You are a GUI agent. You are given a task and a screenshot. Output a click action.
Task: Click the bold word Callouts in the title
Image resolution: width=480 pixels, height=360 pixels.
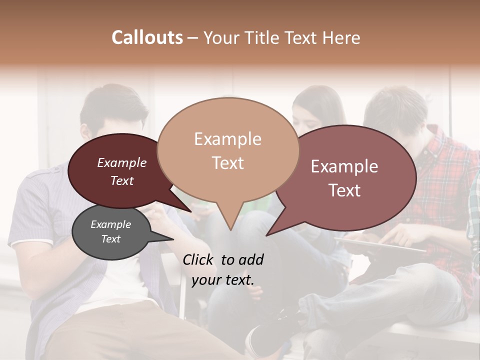[147, 37]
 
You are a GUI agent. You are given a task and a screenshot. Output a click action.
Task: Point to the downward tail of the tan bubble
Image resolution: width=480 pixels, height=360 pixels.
[230, 225]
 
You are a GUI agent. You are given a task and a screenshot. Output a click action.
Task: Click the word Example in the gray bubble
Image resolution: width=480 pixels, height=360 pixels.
[110, 224]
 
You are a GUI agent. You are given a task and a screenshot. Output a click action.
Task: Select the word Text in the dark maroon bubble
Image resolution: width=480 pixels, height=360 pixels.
[122, 181]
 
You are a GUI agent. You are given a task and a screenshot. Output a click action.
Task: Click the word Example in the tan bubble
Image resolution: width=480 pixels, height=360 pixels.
[227, 139]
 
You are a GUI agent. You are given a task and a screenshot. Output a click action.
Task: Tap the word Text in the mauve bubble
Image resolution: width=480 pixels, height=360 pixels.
[344, 190]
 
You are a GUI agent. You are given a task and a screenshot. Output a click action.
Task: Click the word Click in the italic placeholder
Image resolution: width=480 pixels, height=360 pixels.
[199, 259]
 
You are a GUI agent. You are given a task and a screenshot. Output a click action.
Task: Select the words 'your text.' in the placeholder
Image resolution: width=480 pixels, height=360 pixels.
[222, 280]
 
